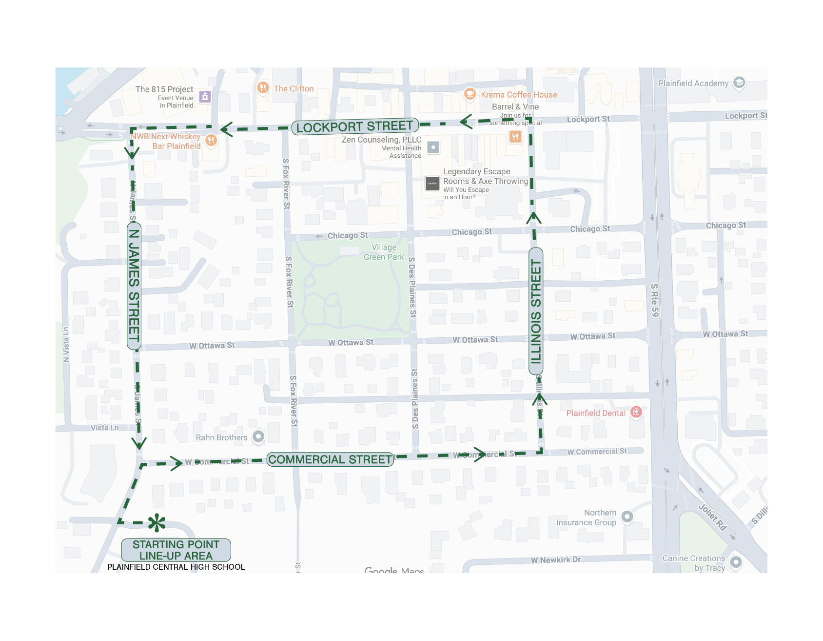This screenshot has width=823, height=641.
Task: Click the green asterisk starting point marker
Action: (157, 523)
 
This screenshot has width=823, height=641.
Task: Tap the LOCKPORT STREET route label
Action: (354, 127)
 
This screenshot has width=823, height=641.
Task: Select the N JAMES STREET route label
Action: (134, 286)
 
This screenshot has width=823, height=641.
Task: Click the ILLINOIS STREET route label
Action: (536, 311)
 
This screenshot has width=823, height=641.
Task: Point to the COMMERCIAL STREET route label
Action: (330, 459)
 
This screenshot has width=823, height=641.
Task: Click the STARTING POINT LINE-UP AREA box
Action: (176, 550)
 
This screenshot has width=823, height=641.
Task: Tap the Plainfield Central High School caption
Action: (176, 567)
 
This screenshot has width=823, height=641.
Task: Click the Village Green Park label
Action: (384, 252)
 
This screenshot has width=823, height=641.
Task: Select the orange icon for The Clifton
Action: (263, 88)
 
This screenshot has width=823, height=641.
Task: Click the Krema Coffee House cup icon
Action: (470, 94)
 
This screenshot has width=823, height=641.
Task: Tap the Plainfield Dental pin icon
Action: (636, 412)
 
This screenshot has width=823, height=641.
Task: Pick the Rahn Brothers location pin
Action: (258, 436)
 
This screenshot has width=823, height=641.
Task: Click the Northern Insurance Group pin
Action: (627, 517)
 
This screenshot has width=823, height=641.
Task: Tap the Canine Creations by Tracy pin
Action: (736, 562)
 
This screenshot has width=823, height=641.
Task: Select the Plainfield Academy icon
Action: (739, 83)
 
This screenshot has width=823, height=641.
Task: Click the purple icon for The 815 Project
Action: (205, 96)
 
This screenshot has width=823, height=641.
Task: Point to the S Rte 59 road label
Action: (654, 300)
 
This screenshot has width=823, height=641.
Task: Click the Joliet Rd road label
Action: (713, 517)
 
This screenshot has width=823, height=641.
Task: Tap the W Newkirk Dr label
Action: (556, 560)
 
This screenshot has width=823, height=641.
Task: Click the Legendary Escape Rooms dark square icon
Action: (432, 184)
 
